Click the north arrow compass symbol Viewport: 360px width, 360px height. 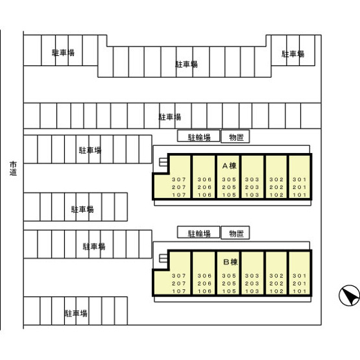[x=349, y=296]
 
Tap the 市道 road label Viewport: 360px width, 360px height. [x=13, y=169]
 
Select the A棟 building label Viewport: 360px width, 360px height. [x=230, y=166]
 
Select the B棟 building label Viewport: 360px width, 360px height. [x=230, y=262]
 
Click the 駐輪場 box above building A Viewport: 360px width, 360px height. [x=198, y=136]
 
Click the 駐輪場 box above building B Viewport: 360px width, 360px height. [x=198, y=232]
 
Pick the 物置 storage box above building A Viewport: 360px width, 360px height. [x=235, y=137]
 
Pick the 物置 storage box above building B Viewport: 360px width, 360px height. [x=235, y=233]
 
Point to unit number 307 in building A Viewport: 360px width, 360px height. [x=179, y=179]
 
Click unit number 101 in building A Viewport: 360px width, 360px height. [x=300, y=195]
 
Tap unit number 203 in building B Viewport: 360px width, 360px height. [x=252, y=283]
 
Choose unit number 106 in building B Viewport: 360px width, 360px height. [x=204, y=291]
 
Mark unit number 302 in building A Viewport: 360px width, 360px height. [x=276, y=179]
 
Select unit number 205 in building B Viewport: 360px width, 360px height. [x=229, y=283]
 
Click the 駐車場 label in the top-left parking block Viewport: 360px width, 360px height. [x=63, y=53]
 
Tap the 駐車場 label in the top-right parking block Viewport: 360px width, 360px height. [x=293, y=54]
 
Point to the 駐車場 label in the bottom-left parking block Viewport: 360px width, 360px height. [x=76, y=313]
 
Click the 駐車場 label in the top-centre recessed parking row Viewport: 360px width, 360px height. [x=186, y=64]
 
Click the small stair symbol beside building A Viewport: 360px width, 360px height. [x=163, y=162]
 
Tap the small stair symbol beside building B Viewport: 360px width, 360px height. [x=163, y=258]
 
